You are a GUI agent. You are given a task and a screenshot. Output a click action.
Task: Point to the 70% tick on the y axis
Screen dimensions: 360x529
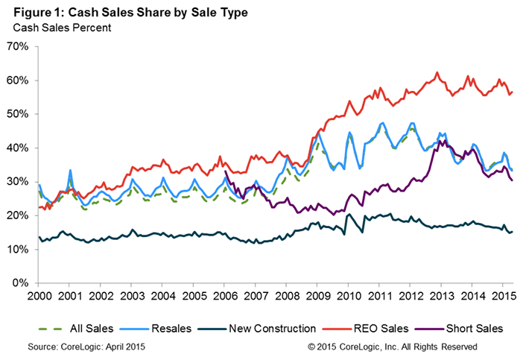click(x=17, y=46)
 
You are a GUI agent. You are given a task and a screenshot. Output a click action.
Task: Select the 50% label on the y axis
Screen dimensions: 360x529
click(x=17, y=114)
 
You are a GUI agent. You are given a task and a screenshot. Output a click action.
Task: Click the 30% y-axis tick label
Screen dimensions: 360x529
click(x=17, y=182)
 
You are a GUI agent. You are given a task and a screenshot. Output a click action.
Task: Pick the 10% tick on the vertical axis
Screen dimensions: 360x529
click(x=17, y=250)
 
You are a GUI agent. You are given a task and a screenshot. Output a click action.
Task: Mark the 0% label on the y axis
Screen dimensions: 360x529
click(x=20, y=283)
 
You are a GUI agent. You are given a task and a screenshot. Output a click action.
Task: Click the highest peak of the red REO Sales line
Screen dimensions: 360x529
click(x=437, y=72)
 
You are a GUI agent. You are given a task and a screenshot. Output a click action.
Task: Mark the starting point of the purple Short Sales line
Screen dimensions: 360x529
click(x=225, y=171)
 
